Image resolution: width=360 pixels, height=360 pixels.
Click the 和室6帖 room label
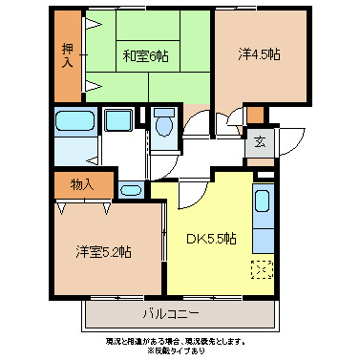click(x=144, y=56)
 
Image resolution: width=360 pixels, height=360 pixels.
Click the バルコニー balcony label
click(x=173, y=312)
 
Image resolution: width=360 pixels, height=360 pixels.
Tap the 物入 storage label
click(x=81, y=183)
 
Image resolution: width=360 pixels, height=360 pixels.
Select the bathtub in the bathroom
click(x=73, y=123)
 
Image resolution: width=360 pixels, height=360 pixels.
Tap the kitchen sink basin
click(x=262, y=203)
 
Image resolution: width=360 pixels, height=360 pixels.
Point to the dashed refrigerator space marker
click(x=261, y=268)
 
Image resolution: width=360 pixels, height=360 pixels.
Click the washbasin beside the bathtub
click(x=119, y=122)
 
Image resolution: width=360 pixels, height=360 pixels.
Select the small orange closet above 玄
click(x=255, y=115)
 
